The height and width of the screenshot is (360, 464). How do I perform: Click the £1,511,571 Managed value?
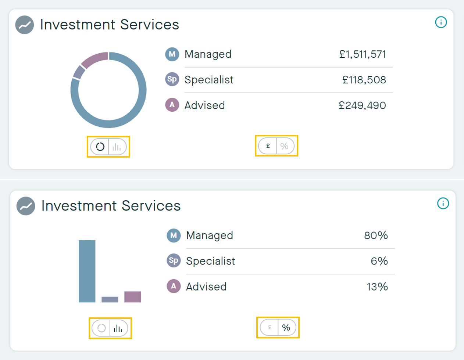pyautogui.click(x=363, y=54)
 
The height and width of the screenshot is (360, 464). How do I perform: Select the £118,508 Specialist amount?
pyautogui.click(x=364, y=80)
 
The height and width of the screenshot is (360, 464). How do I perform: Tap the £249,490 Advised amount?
pyautogui.click(x=362, y=105)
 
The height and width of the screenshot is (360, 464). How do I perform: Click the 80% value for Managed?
pyautogui.click(x=376, y=235)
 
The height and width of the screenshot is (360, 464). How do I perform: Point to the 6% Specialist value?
pyautogui.click(x=379, y=261)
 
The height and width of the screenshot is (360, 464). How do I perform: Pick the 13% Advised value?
pyautogui.click(x=377, y=287)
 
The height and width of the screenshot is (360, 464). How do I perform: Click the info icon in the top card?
pyautogui.click(x=441, y=22)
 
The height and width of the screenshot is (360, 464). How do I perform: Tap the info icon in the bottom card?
pyautogui.click(x=443, y=203)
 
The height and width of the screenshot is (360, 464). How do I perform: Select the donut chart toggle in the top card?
pyautogui.click(x=100, y=147)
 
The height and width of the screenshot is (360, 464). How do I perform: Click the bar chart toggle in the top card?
pyautogui.click(x=117, y=147)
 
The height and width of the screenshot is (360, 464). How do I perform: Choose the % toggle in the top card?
pyautogui.click(x=285, y=146)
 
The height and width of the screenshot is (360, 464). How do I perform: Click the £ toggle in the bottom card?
pyautogui.click(x=270, y=327)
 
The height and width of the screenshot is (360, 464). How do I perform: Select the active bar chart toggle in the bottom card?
pyautogui.click(x=118, y=328)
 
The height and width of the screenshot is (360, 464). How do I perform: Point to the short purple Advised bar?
pyautogui.click(x=133, y=296)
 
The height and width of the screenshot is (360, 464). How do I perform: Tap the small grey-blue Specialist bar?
pyautogui.click(x=110, y=299)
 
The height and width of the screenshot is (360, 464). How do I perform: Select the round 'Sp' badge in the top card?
pyautogui.click(x=172, y=79)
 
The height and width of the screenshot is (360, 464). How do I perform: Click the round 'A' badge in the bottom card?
pyautogui.click(x=174, y=286)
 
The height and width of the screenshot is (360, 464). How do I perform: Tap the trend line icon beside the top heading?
pyautogui.click(x=25, y=25)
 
